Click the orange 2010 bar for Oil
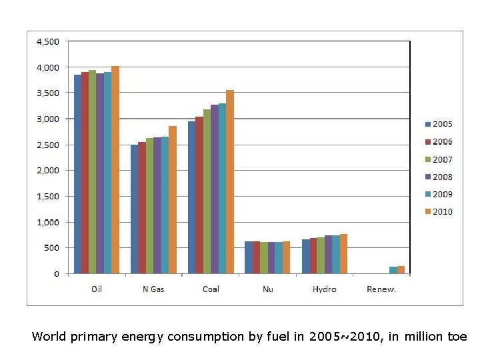[x=115, y=170]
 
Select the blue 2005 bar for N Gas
[x=135, y=209]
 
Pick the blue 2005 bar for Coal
[x=192, y=197]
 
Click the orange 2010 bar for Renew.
[x=401, y=270]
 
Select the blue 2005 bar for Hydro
[x=306, y=257]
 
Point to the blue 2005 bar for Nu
[x=249, y=257]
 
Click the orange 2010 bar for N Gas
[x=173, y=200]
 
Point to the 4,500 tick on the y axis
[x=47, y=41]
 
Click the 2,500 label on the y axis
[x=47, y=145]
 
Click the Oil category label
[x=97, y=289]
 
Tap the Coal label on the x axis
[x=211, y=289]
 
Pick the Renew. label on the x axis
[x=381, y=289]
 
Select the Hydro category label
[x=325, y=289]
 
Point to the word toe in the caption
[x=458, y=337]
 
